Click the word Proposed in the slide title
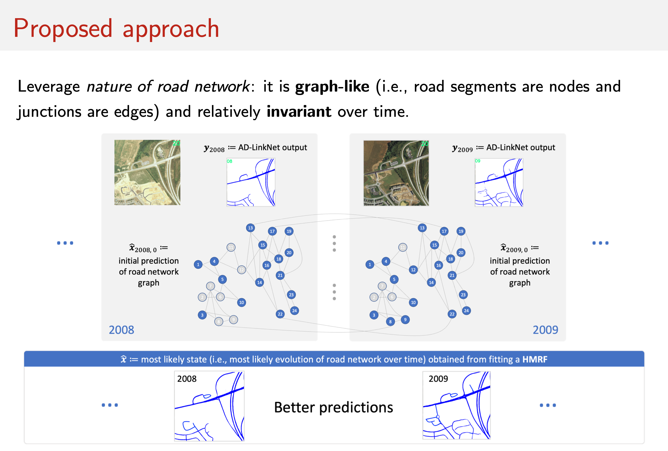pyautogui.click(x=63, y=29)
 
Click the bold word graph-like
pyautogui.click(x=332, y=87)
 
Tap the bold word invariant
pyautogui.click(x=299, y=112)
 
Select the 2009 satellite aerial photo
pyautogui.click(x=396, y=173)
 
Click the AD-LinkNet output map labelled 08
pyautogui.click(x=251, y=182)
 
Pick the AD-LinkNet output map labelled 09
pyautogui.click(x=499, y=182)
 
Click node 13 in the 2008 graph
pyautogui.click(x=250, y=228)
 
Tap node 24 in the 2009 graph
pyautogui.click(x=466, y=311)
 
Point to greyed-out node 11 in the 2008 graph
pyautogui.click(x=231, y=247)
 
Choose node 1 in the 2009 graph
pyautogui.click(x=369, y=265)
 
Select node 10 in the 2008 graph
pyautogui.click(x=241, y=302)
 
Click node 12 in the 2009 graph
pyautogui.click(x=413, y=270)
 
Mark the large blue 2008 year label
pyautogui.click(x=121, y=330)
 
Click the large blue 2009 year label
pyautogui.click(x=545, y=330)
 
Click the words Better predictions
pyautogui.click(x=333, y=407)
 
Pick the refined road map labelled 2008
pyautogui.click(x=209, y=406)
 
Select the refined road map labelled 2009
pyautogui.click(x=456, y=405)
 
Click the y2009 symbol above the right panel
pyautogui.click(x=462, y=148)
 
